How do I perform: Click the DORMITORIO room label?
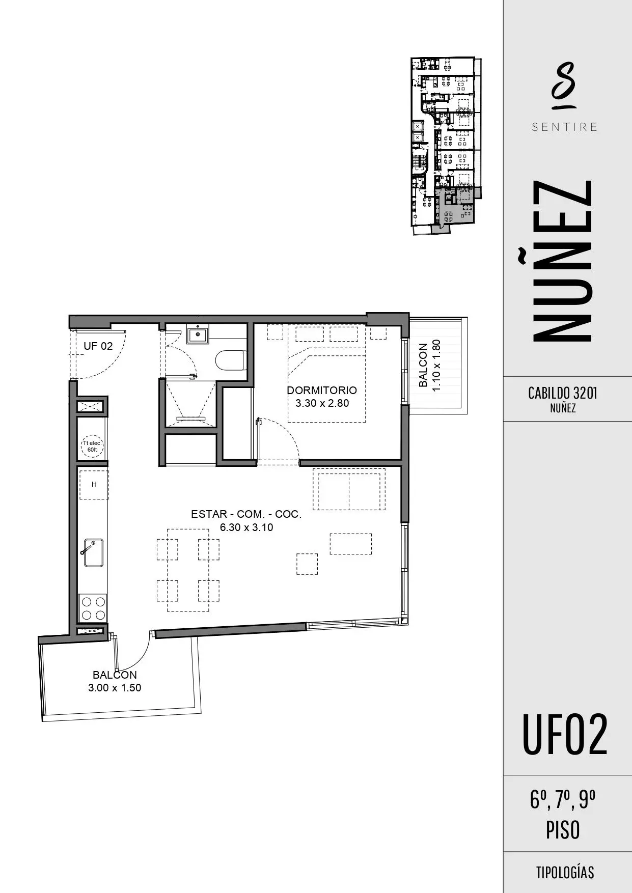point(322,390)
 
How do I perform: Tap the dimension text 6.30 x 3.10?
point(246,527)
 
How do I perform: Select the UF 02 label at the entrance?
point(98,346)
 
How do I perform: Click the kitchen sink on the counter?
point(93,552)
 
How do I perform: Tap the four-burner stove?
point(93,608)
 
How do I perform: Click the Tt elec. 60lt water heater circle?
point(92,447)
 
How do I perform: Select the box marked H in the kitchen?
point(94,485)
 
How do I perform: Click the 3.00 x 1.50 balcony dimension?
point(115,688)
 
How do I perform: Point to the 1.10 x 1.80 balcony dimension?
point(436,365)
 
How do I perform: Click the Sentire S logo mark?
point(564,86)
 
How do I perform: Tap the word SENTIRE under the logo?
point(565,127)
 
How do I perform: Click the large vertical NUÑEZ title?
point(562,260)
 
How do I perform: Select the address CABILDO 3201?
point(563,393)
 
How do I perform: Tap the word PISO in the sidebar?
point(563,830)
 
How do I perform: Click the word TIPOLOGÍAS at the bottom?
point(565,872)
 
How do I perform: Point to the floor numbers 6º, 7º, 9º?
point(563,800)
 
